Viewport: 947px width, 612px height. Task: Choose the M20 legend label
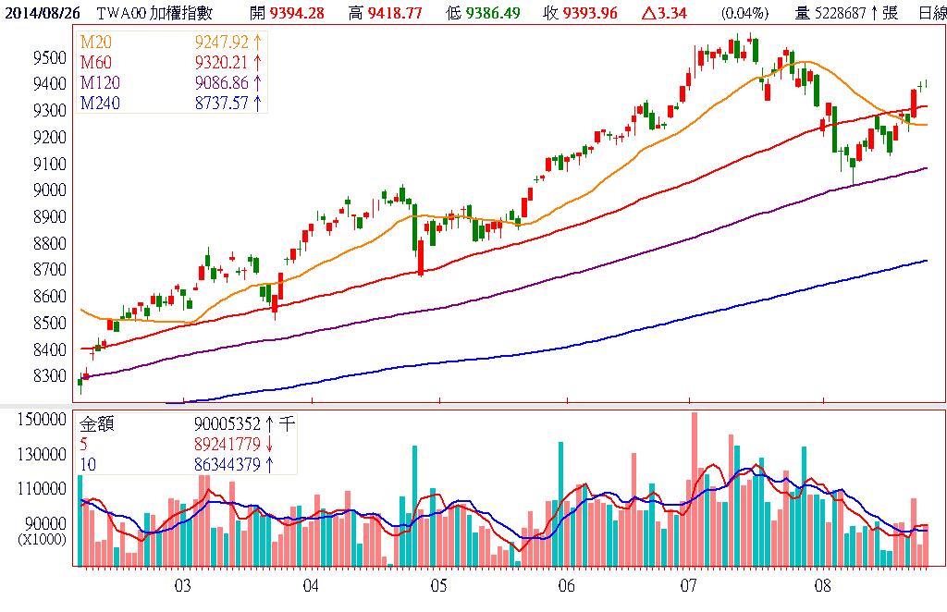coord(96,42)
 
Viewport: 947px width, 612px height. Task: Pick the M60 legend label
coord(96,62)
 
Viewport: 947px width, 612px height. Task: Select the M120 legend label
coord(100,82)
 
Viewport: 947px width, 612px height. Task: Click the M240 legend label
coord(100,103)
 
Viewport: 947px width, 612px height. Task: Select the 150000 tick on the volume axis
coord(42,420)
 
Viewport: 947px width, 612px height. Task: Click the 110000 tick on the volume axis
coord(42,488)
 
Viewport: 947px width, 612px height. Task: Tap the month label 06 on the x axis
coord(567,585)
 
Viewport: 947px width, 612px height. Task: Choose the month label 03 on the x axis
coord(182,585)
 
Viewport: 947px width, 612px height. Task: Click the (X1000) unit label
coord(41,537)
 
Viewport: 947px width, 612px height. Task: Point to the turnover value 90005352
coord(227,424)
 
